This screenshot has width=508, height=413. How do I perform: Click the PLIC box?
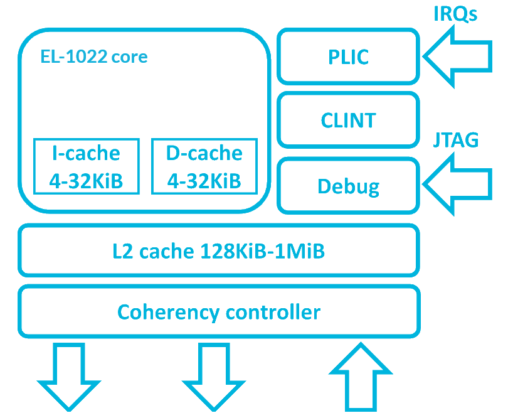coord(348,56)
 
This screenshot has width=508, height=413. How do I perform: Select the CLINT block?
coord(348,120)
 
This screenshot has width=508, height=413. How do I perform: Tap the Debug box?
coord(348,186)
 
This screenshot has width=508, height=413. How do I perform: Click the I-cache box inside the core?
coord(86,166)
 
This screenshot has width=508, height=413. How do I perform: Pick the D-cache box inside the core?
coord(204,166)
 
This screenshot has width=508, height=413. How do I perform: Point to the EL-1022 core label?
coord(93,57)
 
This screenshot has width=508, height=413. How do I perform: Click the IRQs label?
coord(455,14)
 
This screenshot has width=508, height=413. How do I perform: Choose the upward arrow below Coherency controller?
coord(361,377)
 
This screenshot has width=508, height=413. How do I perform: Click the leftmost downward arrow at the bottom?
coord(69,377)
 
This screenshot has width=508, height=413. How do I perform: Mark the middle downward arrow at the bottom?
coord(213,377)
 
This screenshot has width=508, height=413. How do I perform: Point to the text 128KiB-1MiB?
coord(263,252)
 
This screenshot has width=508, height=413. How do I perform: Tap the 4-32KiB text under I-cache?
coord(86,181)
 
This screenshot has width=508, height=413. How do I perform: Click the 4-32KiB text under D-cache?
coord(204,181)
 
